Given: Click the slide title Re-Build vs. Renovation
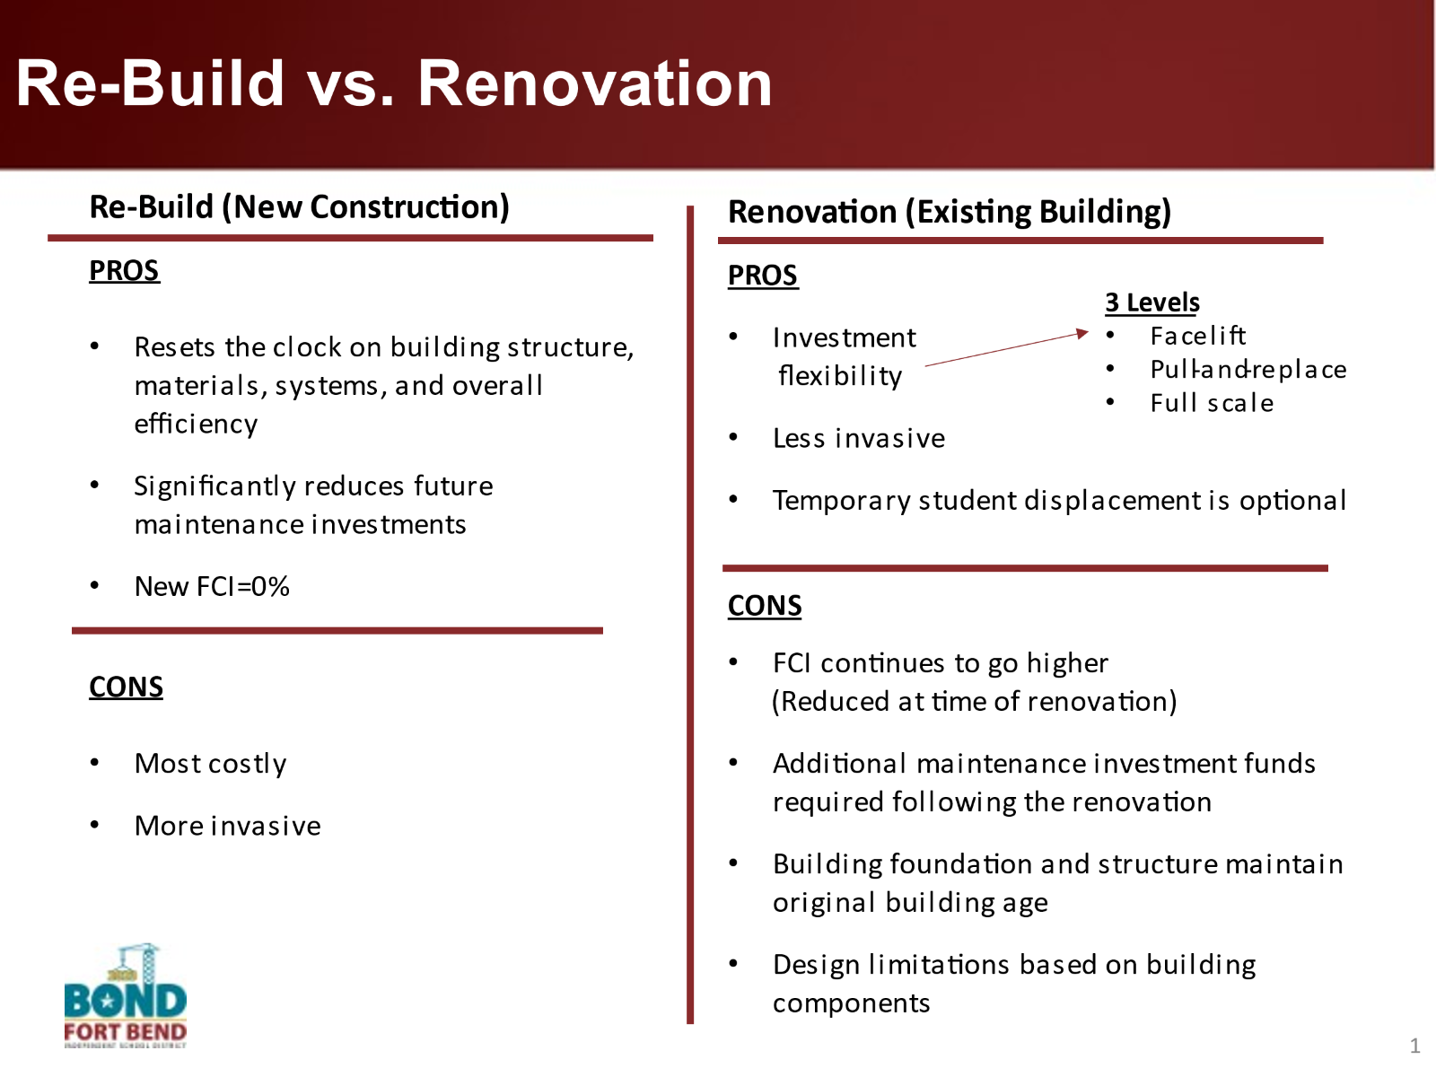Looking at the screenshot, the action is pyautogui.click(x=394, y=83).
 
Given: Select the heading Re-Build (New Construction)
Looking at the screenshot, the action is pyautogui.click(x=299, y=207).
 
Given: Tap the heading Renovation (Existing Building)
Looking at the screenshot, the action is pyautogui.click(x=950, y=212).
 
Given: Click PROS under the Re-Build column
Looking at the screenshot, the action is pyautogui.click(x=124, y=270).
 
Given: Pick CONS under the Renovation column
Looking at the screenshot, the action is pyautogui.click(x=764, y=606).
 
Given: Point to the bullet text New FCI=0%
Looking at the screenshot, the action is pyautogui.click(x=211, y=587).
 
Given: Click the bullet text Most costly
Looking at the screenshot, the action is pyautogui.click(x=210, y=764).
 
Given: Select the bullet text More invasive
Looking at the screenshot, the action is pyautogui.click(x=228, y=826).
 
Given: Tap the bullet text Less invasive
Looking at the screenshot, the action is pyautogui.click(x=859, y=438).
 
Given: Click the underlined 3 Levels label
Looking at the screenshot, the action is pyautogui.click(x=1152, y=302).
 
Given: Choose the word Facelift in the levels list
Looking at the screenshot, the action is pyautogui.click(x=1198, y=336).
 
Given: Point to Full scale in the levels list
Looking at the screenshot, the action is pyautogui.click(x=1212, y=403).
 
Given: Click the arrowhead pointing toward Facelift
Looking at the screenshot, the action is pyautogui.click(x=1082, y=334).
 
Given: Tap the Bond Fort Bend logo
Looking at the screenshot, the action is pyautogui.click(x=125, y=995).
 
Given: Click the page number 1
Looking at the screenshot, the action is pyautogui.click(x=1414, y=1046).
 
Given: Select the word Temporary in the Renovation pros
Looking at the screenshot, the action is pyautogui.click(x=841, y=501).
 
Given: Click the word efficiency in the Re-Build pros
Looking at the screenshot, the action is pyautogui.click(x=196, y=425).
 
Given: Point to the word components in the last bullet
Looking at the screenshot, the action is pyautogui.click(x=851, y=1003).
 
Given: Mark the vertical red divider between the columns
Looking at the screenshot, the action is pyautogui.click(x=690, y=615).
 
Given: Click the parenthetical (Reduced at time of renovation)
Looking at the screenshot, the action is pyautogui.click(x=974, y=702).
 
